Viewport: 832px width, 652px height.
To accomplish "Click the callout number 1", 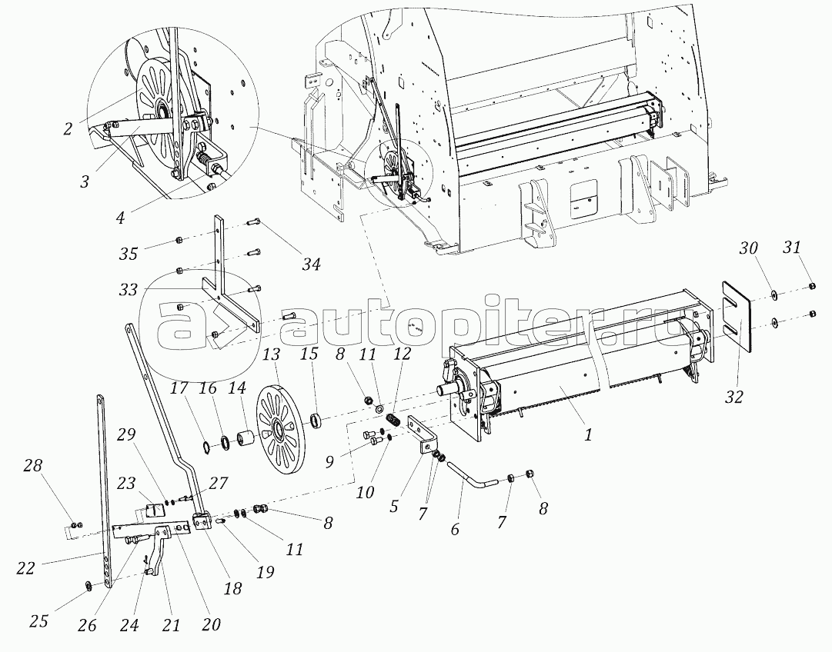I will (x=587, y=434).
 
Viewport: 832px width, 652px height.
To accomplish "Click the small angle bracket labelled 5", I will (x=423, y=434).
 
